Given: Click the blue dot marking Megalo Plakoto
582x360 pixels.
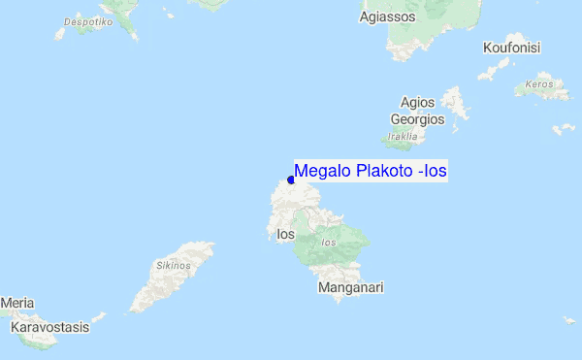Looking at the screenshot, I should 291,180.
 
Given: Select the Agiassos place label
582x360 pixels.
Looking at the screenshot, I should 387,16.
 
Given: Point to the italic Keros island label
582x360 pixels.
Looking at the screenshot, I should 538,83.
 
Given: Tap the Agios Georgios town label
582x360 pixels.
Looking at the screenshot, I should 417,111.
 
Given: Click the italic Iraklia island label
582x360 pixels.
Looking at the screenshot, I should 401,137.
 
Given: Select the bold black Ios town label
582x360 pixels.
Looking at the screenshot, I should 285,234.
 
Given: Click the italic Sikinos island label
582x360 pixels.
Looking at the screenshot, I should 172,264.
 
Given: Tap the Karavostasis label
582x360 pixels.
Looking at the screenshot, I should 49,327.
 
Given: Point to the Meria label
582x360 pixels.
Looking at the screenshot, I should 16,304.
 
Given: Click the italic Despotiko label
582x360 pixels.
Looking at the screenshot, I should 87,20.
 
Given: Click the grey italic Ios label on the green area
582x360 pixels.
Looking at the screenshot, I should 330,242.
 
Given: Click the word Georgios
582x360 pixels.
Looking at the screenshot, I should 417,119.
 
